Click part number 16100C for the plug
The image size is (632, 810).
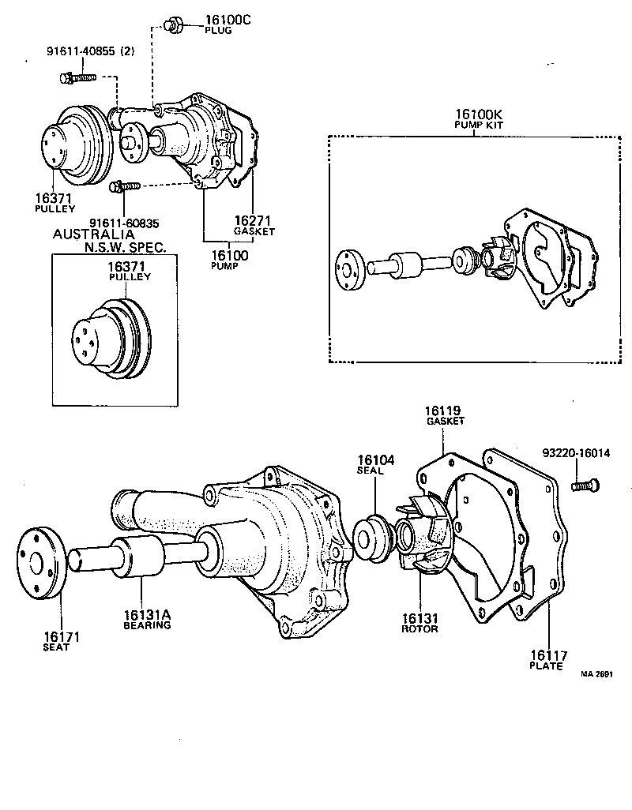[228, 20]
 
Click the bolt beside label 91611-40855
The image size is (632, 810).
[77, 77]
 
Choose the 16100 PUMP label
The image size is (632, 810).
[230, 260]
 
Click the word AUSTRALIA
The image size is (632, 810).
[93, 234]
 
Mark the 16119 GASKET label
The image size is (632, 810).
[445, 415]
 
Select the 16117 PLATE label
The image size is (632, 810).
[546, 659]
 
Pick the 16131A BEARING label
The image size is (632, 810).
[147, 619]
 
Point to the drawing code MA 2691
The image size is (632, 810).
[596, 674]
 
